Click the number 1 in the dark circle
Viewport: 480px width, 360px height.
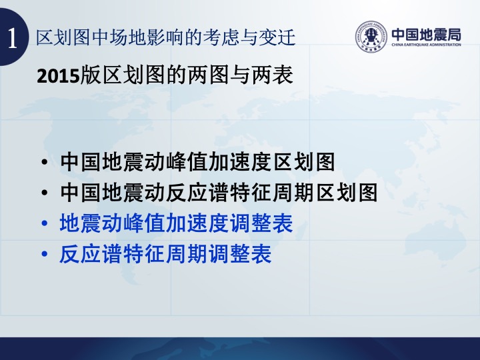12,38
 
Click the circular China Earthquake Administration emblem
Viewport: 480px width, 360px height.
371,37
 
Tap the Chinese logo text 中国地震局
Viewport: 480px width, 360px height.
426,34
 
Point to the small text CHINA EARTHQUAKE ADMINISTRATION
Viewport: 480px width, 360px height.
426,45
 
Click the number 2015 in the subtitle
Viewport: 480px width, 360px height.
58,76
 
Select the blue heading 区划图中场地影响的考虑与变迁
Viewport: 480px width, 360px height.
165,37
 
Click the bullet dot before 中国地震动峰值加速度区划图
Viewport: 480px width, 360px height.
45,161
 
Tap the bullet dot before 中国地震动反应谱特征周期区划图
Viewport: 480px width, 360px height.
45,193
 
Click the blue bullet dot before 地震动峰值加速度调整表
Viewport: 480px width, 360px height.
45,223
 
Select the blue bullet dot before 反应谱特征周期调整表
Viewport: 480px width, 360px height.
45,254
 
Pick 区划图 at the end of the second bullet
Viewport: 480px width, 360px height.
347,193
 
